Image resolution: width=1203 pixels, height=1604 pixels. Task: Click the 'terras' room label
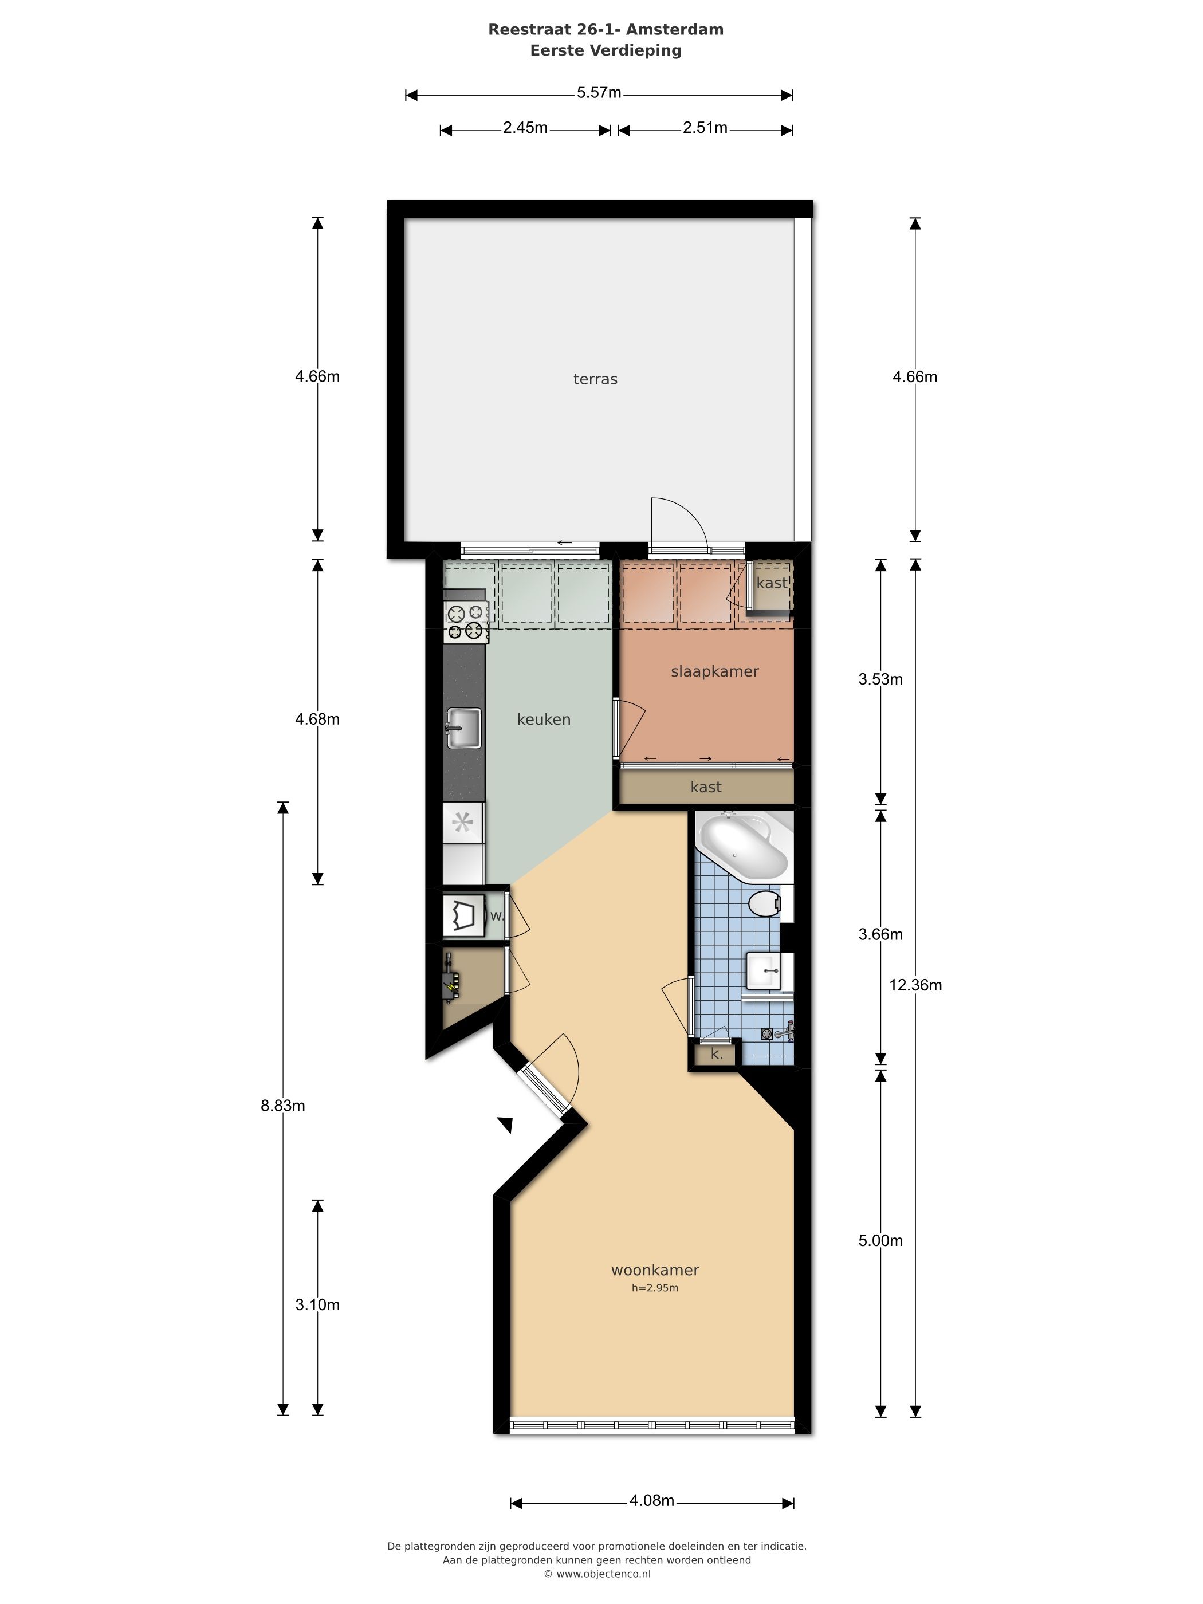click(x=595, y=379)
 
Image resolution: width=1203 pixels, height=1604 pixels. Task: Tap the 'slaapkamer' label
click(x=714, y=671)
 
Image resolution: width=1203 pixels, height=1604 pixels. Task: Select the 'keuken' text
click(x=543, y=720)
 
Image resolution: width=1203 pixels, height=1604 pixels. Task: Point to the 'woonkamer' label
click(x=655, y=1269)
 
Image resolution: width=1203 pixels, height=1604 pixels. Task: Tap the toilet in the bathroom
click(x=763, y=904)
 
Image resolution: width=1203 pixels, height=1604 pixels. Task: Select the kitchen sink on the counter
click(x=463, y=728)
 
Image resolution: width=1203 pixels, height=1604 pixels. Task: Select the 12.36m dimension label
click(x=915, y=985)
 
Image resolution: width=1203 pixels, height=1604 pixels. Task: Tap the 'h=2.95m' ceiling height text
click(x=655, y=1288)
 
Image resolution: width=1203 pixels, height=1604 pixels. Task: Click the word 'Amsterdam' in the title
click(x=674, y=30)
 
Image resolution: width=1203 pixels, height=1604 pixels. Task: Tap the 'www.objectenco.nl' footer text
click(x=603, y=1568)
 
